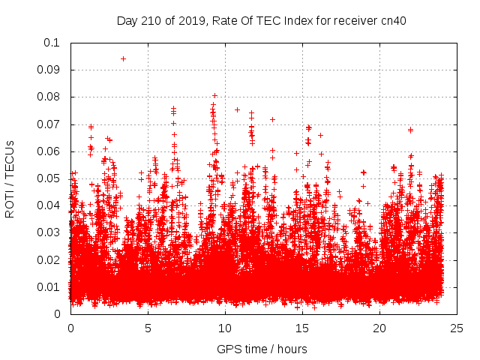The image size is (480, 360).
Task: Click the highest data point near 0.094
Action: point(123,58)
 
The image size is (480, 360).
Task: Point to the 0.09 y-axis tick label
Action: point(50,70)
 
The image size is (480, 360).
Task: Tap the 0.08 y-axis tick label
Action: point(50,97)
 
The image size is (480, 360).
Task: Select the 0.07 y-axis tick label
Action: point(50,124)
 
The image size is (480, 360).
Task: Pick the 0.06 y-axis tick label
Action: point(50,151)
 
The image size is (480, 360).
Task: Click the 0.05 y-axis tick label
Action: point(50,178)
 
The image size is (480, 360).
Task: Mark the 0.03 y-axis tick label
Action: point(50,232)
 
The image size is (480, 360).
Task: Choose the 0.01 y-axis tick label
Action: point(50,287)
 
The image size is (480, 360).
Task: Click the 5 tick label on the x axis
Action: point(148,328)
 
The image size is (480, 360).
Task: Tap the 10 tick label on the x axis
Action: point(225,328)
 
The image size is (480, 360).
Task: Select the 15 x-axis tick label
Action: point(302,328)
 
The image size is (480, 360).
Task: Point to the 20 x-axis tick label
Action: point(379,328)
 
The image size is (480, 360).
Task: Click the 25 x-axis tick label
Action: point(457,328)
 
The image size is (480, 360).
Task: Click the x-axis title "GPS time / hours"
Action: point(262,349)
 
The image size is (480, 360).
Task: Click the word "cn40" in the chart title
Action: point(392,21)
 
